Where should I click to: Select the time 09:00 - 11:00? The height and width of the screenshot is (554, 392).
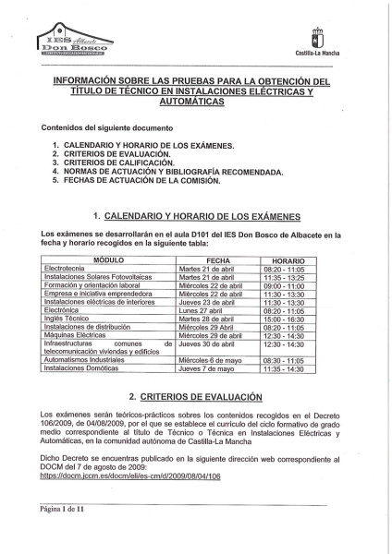(x=289, y=286)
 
